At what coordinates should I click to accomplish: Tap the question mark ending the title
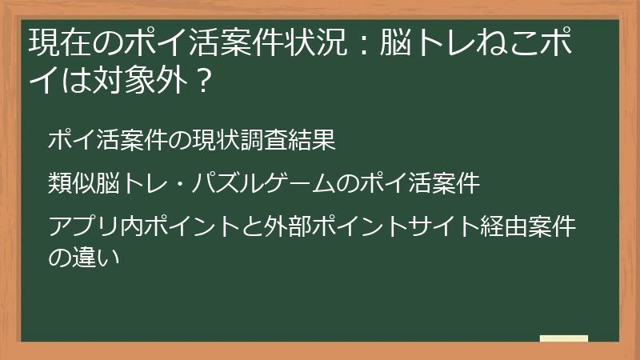tap(202, 80)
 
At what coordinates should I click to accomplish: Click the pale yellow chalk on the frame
tap(564, 339)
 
